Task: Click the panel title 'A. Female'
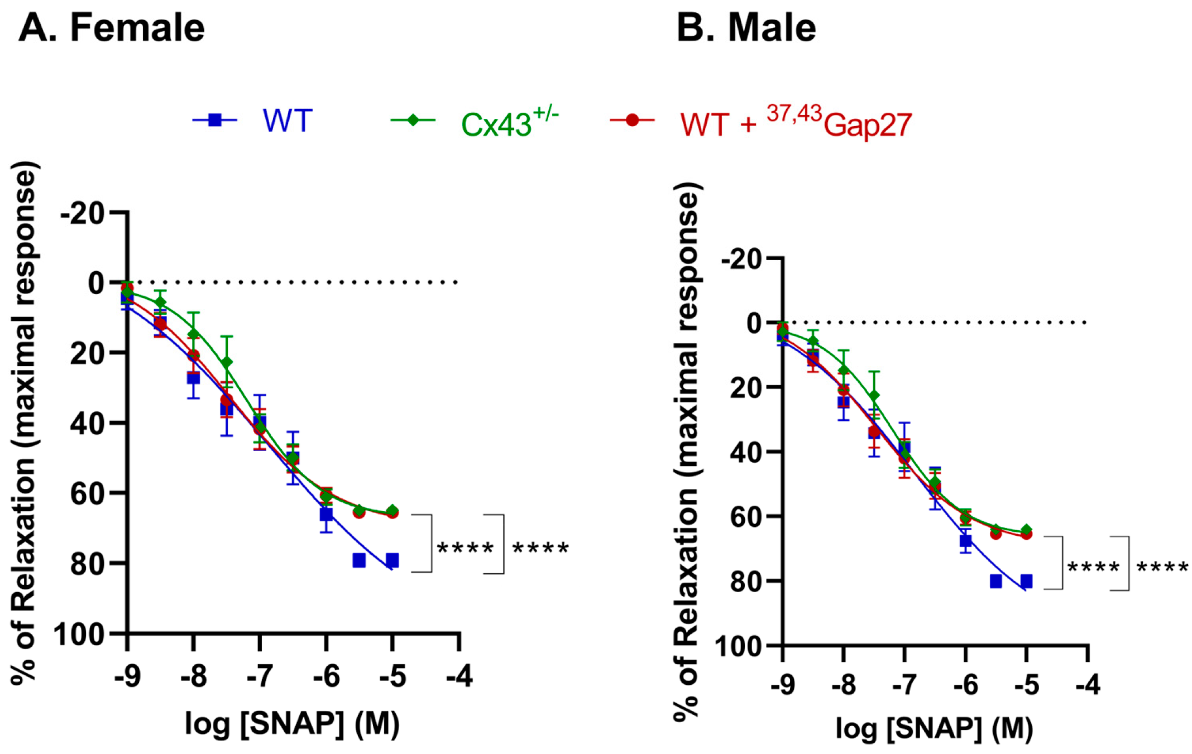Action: tap(112, 28)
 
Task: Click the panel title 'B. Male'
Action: tap(746, 28)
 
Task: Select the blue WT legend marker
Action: tap(215, 120)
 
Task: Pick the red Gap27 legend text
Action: tap(796, 123)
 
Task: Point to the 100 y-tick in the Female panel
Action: tap(80, 635)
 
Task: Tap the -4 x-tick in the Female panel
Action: tap(459, 678)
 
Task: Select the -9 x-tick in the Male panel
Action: tap(783, 685)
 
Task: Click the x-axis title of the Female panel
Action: tap(292, 724)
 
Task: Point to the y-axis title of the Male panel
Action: tap(686, 452)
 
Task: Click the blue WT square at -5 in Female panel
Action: tap(392, 560)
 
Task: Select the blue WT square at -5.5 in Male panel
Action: tap(996, 582)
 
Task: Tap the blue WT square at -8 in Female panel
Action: tap(193, 378)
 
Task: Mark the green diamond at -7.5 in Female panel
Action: tap(227, 363)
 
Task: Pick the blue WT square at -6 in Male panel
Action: tap(966, 541)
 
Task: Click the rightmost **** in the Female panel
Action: tap(540, 549)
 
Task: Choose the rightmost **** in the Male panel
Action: tap(1162, 569)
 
